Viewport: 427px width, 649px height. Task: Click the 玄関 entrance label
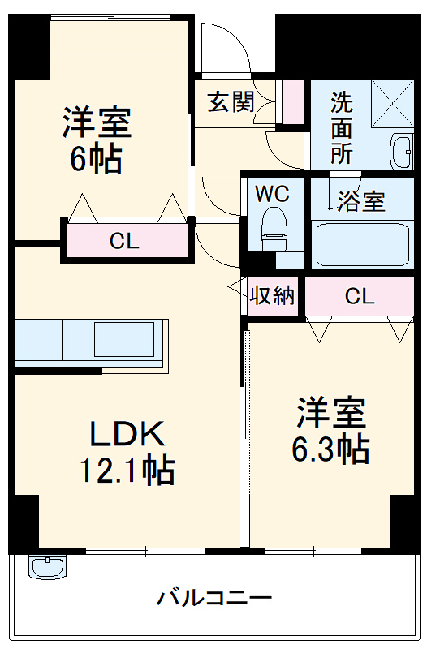231,102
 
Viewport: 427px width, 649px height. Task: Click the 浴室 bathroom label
362,201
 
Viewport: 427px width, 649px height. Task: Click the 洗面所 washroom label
341,128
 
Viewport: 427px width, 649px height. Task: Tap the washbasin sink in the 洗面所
401,150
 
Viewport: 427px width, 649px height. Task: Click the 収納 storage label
271,296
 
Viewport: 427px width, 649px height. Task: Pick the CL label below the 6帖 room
125,241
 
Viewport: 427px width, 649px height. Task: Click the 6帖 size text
96,158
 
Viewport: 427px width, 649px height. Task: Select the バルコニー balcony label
213,600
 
